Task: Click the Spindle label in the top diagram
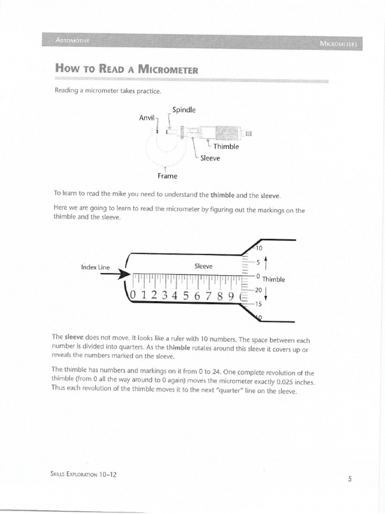point(184,109)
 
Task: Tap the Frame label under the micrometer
point(168,176)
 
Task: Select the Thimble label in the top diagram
point(226,147)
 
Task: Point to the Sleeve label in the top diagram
point(211,157)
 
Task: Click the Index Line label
point(95,268)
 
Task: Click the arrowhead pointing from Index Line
point(125,274)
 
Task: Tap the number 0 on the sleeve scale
point(133,295)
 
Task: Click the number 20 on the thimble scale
point(258,290)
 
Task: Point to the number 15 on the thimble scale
point(258,304)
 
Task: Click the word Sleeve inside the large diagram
point(204,266)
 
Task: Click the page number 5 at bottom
point(349,478)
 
